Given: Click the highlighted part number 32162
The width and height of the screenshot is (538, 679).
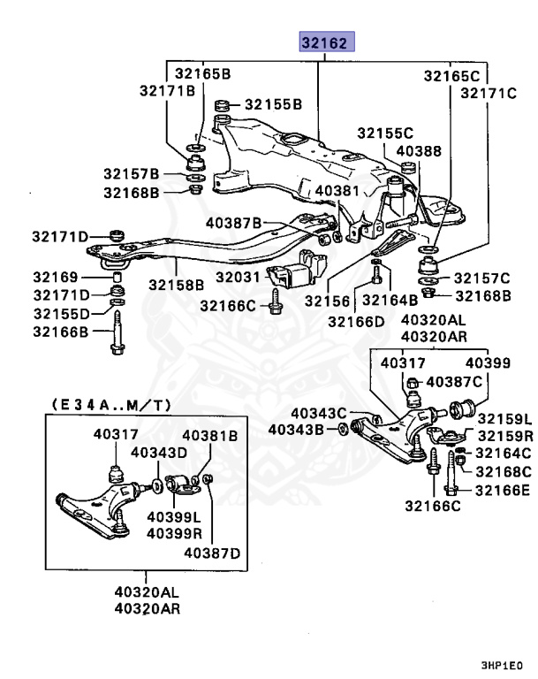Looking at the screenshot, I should [x=326, y=42].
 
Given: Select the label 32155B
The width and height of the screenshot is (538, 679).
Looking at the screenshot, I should [x=274, y=103].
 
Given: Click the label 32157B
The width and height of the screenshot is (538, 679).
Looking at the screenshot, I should [x=131, y=173].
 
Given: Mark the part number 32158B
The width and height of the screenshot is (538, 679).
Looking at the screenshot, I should [x=176, y=285].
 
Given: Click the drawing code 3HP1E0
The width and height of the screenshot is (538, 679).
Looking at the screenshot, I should [x=502, y=663].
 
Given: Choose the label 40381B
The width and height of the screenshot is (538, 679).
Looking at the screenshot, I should [x=210, y=435].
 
